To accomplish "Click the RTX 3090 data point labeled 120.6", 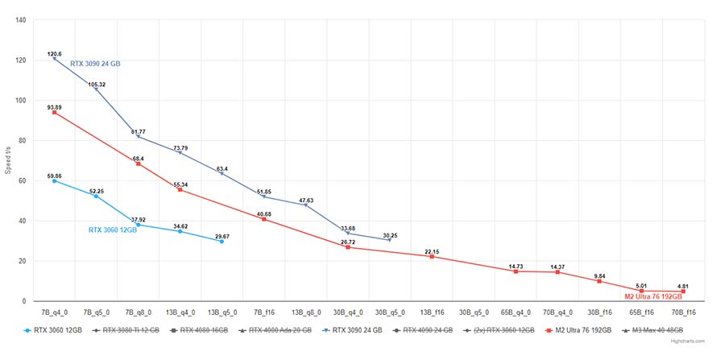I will pos(54,59).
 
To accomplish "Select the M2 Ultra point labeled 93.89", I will pos(54,113).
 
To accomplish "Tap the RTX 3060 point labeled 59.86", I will pos(54,181).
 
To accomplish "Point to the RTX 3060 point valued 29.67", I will pos(222,242).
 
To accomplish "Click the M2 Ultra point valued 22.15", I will pos(432,256).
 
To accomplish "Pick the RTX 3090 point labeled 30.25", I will pos(389,240).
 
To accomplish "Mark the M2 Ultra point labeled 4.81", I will pos(683,292).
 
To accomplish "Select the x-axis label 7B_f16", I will pos(263,312).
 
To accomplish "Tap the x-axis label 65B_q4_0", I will pos(515,312).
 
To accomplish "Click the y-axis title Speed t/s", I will pos(9,161).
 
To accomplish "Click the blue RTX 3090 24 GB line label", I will pos(95,64).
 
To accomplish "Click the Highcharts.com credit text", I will pos(689,341).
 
